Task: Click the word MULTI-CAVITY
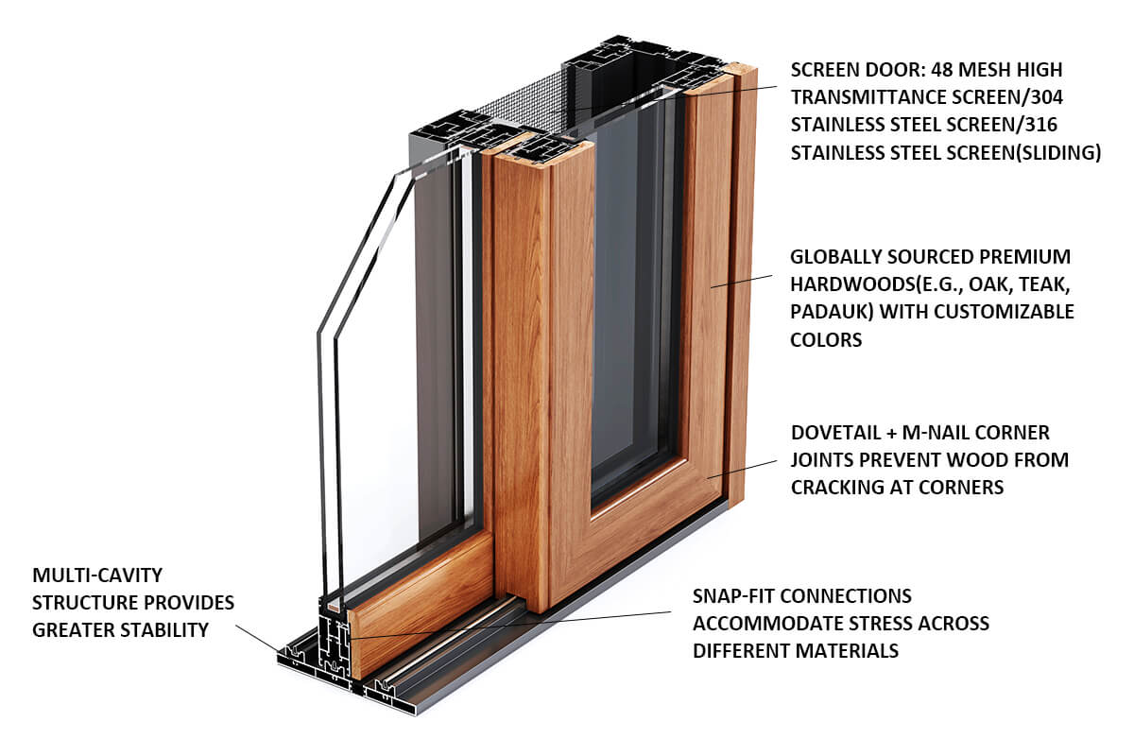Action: coord(97,575)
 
